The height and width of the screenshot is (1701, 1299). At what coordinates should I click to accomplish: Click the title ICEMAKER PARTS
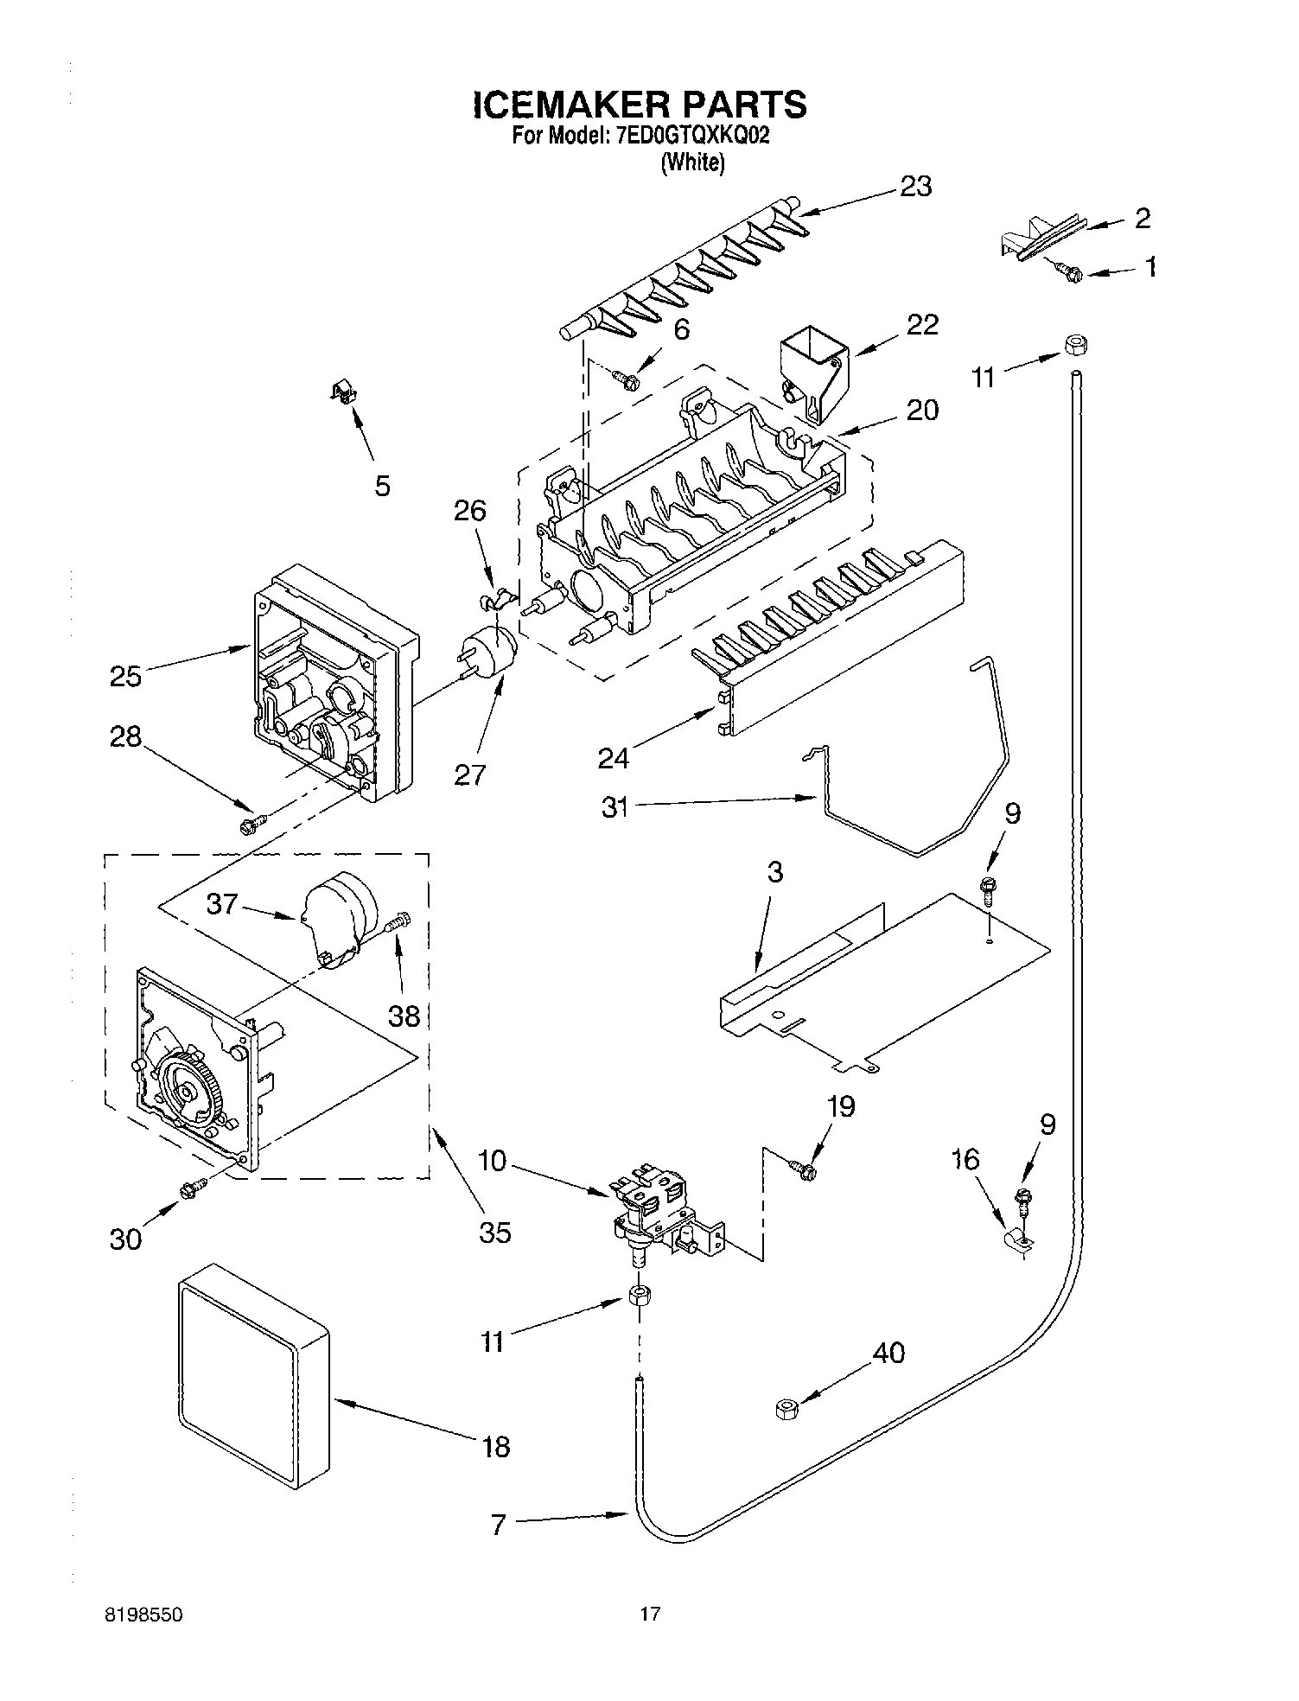pyautogui.click(x=640, y=104)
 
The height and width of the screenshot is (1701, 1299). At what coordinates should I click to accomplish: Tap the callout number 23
pyautogui.click(x=915, y=186)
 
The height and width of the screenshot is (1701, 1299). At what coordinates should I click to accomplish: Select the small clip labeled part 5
pyautogui.click(x=344, y=394)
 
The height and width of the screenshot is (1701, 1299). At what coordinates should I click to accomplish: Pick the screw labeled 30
pyautogui.click(x=191, y=1190)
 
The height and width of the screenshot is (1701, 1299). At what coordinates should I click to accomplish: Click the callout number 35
pyautogui.click(x=495, y=1232)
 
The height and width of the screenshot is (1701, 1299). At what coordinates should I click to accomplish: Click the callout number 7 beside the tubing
pyautogui.click(x=498, y=1526)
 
